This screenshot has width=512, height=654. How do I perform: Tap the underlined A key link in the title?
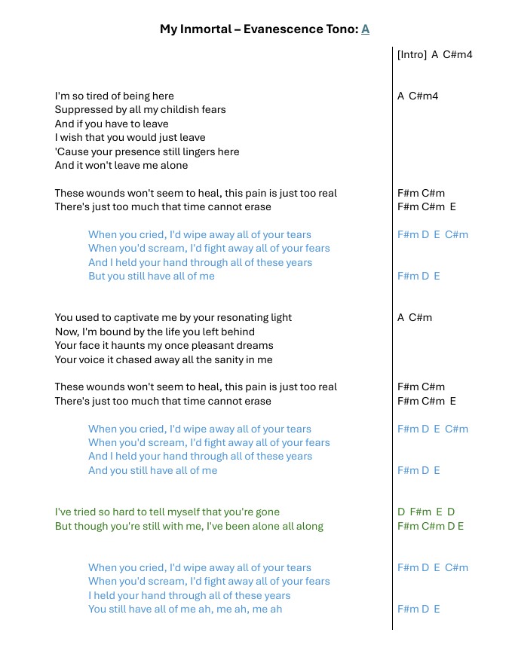click(x=365, y=29)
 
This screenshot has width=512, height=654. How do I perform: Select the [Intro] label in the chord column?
click(x=412, y=54)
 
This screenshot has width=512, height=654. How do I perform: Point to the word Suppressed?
click(x=82, y=110)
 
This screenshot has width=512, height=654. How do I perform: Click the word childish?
click(x=179, y=110)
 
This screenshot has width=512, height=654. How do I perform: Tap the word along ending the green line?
click(x=308, y=526)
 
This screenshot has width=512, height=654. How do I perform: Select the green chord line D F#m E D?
click(x=426, y=512)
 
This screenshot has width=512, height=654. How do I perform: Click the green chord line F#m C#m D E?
click(x=431, y=526)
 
